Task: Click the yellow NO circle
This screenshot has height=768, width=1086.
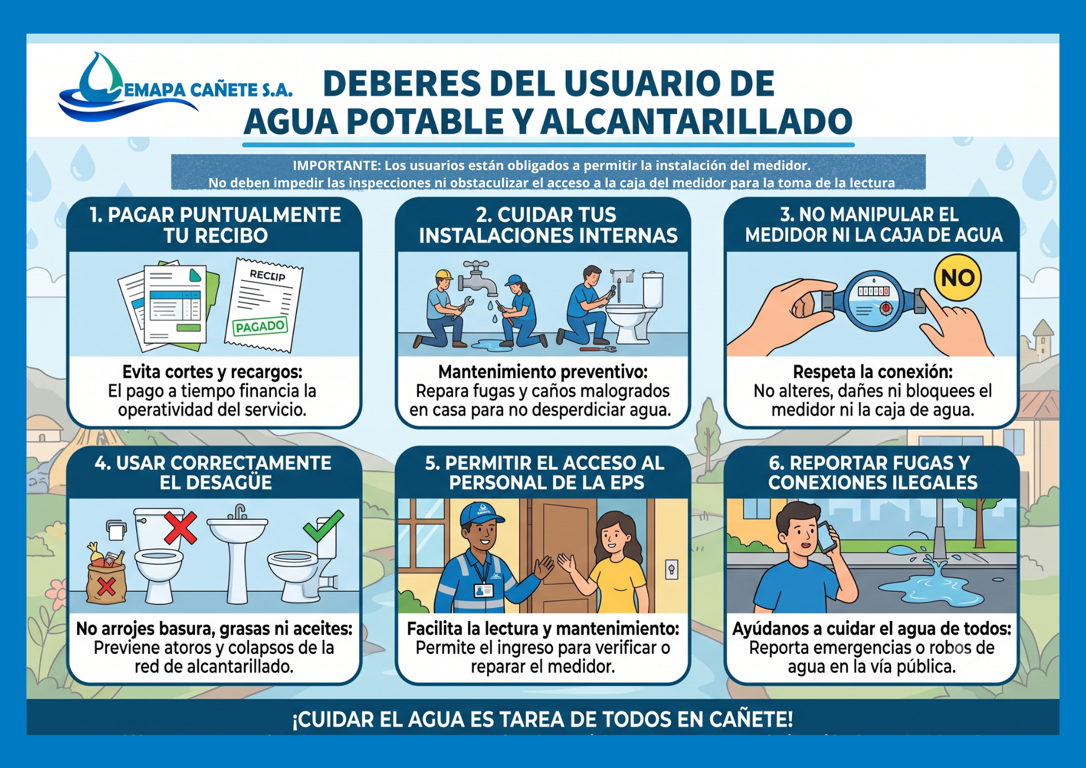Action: [958, 278]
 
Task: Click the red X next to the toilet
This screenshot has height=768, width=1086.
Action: [181, 526]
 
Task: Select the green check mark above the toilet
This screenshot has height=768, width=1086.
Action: [324, 525]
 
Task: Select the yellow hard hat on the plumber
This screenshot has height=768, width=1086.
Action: [444, 274]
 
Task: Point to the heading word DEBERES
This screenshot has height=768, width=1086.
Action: [402, 84]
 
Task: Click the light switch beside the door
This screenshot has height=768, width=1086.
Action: [672, 570]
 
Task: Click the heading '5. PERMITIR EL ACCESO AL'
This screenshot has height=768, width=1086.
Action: [545, 463]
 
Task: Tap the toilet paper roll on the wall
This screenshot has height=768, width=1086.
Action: [116, 530]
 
